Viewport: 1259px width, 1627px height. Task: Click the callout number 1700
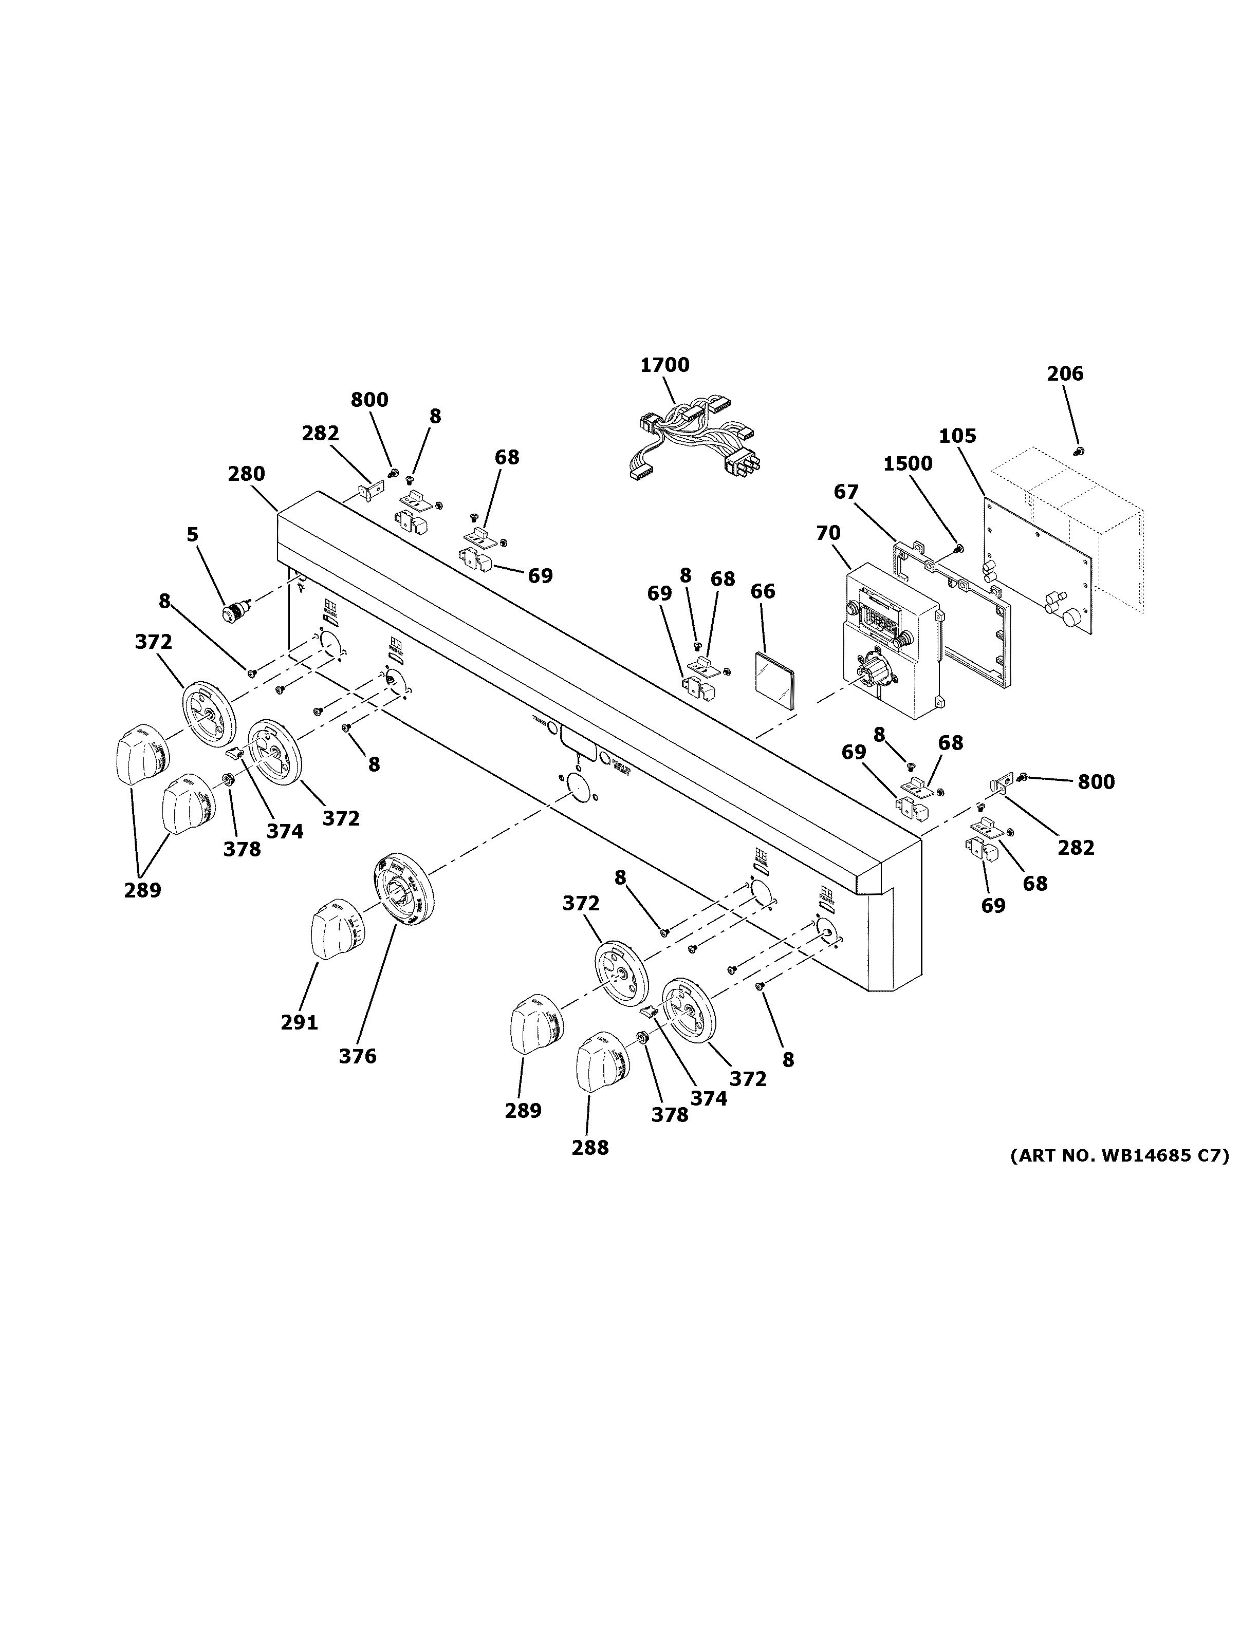click(664, 365)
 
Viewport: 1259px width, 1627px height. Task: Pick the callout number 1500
click(908, 464)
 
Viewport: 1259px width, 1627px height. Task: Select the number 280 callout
click(247, 474)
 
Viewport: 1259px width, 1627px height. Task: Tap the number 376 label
click(358, 1056)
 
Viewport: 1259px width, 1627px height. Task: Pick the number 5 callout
click(192, 534)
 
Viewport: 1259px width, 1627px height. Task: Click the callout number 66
click(762, 591)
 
